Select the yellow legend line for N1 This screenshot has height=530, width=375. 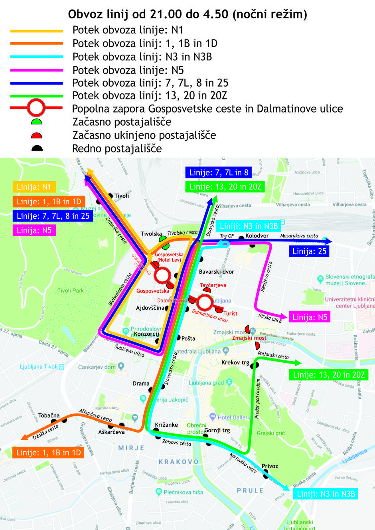36,31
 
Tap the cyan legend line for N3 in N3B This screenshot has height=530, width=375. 36,57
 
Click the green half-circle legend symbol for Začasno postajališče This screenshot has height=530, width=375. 37,121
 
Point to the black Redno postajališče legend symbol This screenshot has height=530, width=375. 37,148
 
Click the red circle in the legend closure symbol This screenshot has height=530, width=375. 36,108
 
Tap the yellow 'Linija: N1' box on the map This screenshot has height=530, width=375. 34,187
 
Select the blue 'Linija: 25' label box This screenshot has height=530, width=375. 309,251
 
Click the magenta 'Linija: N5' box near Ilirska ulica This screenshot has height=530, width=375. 310,317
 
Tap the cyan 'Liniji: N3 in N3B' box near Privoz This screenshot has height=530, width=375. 326,494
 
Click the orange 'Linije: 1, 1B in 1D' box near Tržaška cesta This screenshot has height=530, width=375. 48,453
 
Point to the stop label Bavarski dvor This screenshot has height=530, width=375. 216,272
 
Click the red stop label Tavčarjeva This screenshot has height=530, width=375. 213,285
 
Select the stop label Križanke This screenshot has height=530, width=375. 166,425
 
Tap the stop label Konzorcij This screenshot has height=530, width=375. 146,334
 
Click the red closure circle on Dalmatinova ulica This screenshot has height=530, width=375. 204,303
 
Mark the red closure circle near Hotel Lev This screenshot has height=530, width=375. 162,275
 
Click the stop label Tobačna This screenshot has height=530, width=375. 49,415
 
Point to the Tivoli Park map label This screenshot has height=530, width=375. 71,291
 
